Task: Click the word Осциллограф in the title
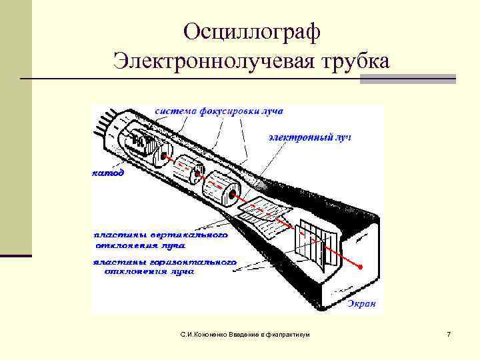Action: (x=252, y=31)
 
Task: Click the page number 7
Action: (x=449, y=333)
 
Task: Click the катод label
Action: (x=107, y=172)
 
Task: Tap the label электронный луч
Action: (x=309, y=137)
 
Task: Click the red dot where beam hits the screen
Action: (x=361, y=267)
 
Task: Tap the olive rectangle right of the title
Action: (x=407, y=79)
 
